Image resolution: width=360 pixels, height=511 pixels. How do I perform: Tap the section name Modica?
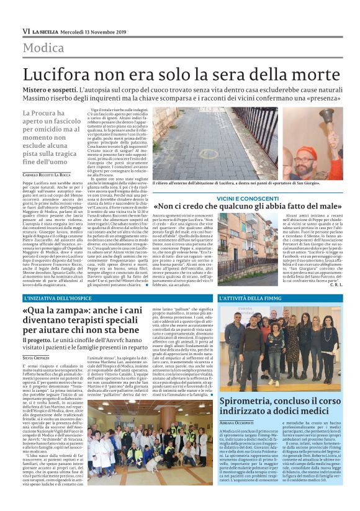44,48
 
